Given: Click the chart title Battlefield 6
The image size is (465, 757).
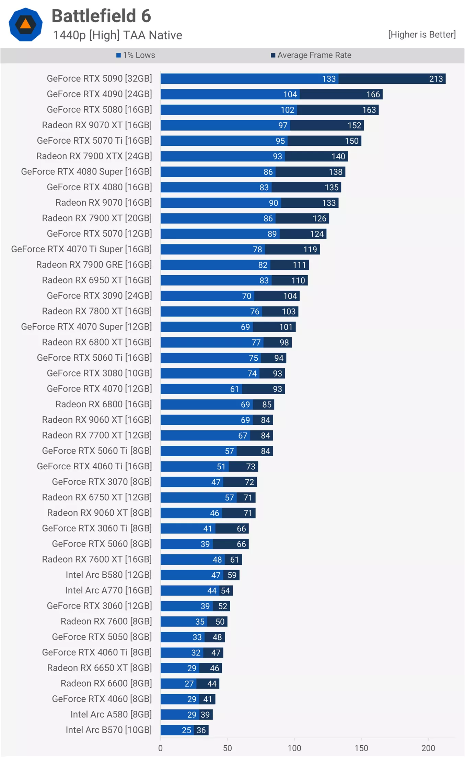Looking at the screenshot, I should click(x=101, y=16).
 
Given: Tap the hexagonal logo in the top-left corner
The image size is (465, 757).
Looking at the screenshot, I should click(x=26, y=24).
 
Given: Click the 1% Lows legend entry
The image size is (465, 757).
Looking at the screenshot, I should click(x=136, y=55).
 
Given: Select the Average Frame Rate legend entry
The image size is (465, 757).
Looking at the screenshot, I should click(x=311, y=55).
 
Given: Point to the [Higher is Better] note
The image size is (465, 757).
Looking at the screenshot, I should click(x=422, y=35).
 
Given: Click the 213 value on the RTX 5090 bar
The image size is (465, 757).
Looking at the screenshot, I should click(x=436, y=79).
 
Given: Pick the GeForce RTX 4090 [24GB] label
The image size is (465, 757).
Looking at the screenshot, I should click(x=99, y=94).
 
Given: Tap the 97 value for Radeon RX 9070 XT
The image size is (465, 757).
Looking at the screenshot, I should click(x=283, y=125).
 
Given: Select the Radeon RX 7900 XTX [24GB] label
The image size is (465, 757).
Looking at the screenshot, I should click(x=94, y=156).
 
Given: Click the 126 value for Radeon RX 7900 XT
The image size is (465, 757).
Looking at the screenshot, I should click(x=319, y=218).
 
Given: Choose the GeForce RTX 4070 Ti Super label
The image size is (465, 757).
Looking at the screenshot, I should click(x=81, y=249).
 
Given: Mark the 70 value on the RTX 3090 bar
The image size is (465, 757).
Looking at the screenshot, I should click(x=246, y=296).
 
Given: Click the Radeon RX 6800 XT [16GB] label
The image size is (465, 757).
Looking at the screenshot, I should click(x=97, y=342).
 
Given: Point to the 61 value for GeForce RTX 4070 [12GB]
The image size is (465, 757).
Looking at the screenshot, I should click(x=234, y=389).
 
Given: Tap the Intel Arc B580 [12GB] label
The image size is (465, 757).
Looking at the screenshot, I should click(x=108, y=575).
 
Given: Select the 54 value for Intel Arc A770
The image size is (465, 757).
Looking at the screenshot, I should click(x=225, y=591).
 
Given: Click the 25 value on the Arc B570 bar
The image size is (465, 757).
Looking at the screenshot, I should click(x=186, y=730).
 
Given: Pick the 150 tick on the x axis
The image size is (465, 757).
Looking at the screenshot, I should click(x=361, y=748).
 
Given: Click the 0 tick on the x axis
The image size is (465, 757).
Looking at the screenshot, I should click(x=161, y=748).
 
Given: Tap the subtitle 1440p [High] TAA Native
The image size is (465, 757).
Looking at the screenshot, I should click(x=118, y=35).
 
